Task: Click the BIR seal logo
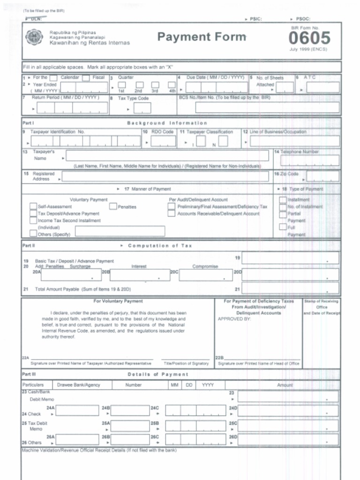[34, 37]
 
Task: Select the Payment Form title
[202, 37]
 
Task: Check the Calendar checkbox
[53, 78]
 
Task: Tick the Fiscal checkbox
[86, 78]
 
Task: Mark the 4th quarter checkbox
[172, 85]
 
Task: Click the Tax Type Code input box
[142, 108]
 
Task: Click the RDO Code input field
[163, 141]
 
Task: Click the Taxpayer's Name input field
[167, 156]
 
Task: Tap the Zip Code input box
[322, 177]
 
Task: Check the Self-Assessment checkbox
[33, 206]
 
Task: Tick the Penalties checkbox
[113, 206]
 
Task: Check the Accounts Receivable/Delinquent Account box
[172, 214]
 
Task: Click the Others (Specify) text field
[120, 231]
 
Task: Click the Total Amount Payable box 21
[290, 289]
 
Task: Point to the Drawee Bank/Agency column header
[78, 385]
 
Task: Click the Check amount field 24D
[288, 411]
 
